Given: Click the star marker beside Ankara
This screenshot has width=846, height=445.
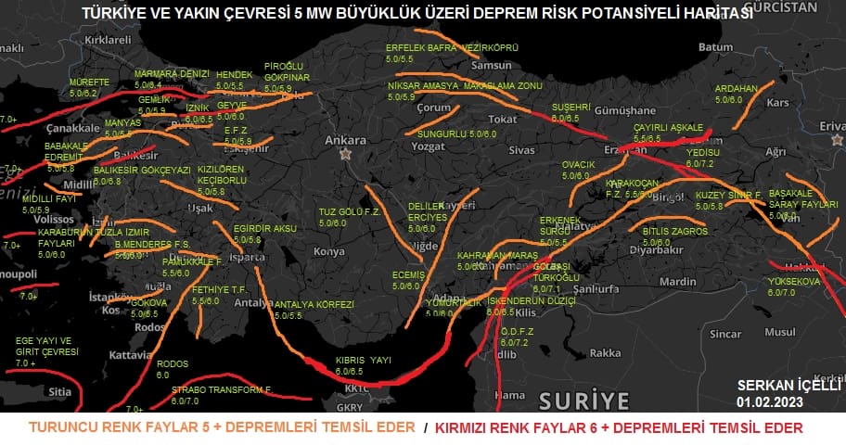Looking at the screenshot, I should point(346,154).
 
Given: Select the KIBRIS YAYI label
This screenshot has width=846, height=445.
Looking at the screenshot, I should point(363,359).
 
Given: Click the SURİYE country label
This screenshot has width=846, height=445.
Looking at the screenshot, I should point(583,400).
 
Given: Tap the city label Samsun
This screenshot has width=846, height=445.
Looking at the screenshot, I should point(491,66).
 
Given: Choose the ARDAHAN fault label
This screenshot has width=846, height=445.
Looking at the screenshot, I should point(736,89).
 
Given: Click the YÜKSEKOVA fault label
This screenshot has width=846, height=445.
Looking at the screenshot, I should point(794,281).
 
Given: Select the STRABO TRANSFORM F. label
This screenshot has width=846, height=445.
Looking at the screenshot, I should point(221,390).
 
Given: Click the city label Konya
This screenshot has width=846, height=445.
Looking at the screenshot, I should point(329,251).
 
